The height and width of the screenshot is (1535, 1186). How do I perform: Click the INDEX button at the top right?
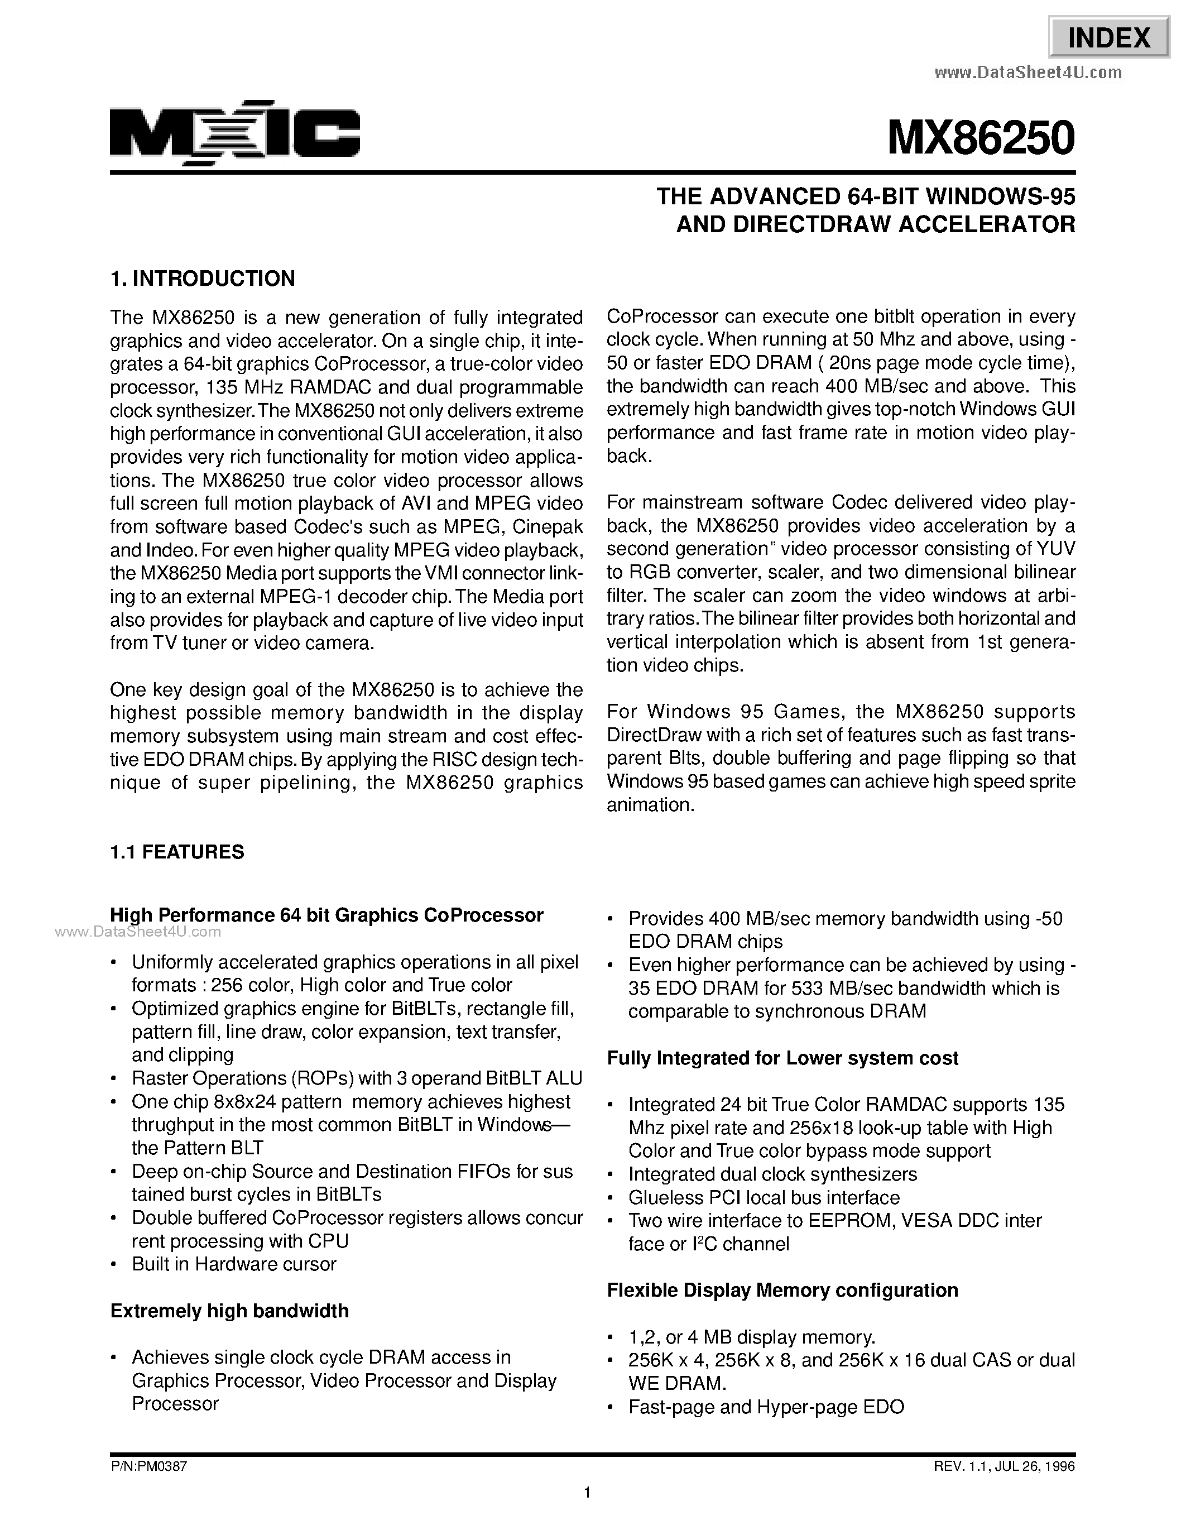1109,37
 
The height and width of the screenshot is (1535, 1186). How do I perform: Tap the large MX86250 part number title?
981,138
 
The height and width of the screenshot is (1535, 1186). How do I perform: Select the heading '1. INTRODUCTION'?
203,279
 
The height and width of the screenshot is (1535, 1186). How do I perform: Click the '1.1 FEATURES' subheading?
177,852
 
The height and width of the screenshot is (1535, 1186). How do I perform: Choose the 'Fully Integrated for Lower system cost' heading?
782,1058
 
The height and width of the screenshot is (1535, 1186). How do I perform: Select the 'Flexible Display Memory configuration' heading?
782,1290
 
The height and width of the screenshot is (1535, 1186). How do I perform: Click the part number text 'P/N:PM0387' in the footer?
149,1467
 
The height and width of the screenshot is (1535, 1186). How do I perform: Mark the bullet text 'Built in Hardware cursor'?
234,1264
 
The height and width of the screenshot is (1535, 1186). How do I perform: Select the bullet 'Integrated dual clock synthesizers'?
772,1174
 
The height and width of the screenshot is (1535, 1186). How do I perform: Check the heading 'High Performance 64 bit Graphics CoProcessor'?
326,915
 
